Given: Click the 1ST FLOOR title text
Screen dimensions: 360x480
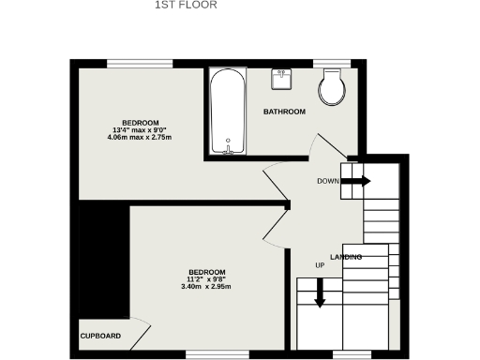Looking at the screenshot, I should click(186, 5).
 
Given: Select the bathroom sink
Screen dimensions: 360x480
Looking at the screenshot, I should click(282, 79).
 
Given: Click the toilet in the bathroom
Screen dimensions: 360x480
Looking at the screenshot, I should click(331, 89).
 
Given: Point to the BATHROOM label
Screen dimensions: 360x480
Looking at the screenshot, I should click(284, 112).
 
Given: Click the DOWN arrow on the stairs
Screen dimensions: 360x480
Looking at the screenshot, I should click(355, 181).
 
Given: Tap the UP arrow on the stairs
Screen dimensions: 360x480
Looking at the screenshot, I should click(320, 292).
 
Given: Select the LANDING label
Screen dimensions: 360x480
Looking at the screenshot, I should click(346, 257).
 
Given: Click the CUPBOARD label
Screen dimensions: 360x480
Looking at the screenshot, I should click(99, 336).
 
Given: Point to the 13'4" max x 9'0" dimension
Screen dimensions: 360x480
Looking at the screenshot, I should click(140, 130).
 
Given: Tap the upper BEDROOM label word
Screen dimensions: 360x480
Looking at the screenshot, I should click(140, 123).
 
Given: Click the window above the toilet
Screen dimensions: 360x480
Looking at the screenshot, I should click(332, 64).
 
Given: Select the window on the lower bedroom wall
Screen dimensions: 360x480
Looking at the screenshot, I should click(203, 353).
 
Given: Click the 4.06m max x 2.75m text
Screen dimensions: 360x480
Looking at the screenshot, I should click(140, 138).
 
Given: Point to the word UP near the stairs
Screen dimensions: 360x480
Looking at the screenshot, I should click(320, 265).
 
